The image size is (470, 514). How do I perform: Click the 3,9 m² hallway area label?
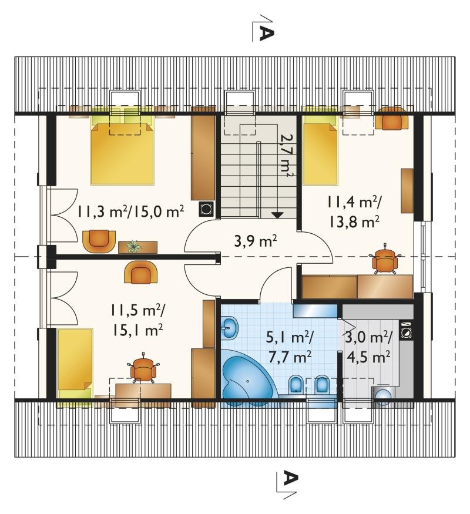[256, 242]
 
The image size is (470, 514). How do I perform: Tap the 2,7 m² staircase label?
[286, 154]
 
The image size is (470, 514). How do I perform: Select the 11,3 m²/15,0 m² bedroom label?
[130, 211]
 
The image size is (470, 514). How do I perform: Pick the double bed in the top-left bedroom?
[122, 150]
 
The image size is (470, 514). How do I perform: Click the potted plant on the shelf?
[133, 246]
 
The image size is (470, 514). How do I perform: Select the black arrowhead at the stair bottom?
[277, 215]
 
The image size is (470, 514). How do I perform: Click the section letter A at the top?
[266, 33]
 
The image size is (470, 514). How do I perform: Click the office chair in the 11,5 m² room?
[143, 368]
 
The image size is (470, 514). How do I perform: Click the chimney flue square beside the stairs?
[206, 209]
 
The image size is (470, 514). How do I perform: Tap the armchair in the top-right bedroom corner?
[392, 118]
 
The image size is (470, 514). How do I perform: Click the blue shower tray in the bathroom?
[315, 311]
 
